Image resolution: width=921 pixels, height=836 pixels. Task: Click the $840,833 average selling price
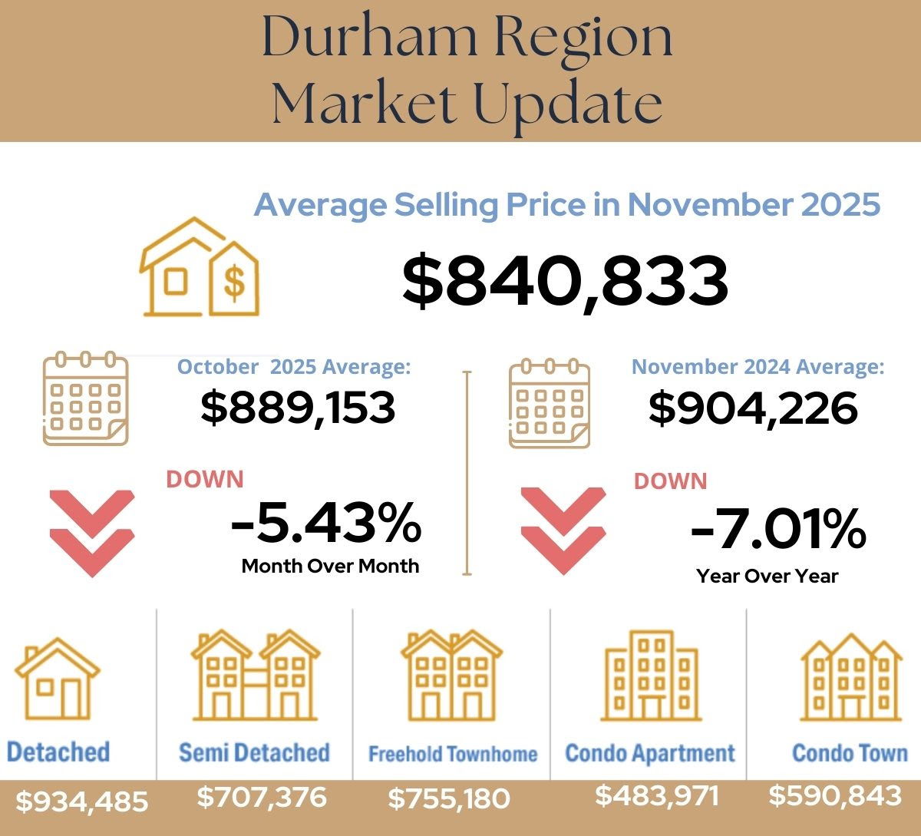click(565, 280)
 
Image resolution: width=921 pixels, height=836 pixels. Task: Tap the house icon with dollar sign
click(199, 268)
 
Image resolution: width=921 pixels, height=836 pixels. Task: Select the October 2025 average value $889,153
click(298, 407)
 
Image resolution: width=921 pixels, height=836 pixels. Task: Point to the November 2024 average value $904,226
click(753, 408)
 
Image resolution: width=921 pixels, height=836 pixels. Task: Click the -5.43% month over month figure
click(326, 522)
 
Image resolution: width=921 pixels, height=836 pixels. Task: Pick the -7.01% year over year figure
click(777, 529)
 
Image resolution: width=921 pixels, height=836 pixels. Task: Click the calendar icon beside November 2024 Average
click(550, 402)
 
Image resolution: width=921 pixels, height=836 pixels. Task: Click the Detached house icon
click(58, 679)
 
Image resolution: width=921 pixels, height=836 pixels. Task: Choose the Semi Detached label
click(254, 752)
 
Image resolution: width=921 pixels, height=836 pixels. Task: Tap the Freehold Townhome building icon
click(451, 676)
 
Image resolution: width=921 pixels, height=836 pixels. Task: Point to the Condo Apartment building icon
click(651, 676)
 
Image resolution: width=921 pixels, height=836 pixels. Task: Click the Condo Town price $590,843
click(835, 795)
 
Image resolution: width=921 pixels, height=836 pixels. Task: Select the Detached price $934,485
click(82, 801)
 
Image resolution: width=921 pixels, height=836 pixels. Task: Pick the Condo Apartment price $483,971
click(657, 795)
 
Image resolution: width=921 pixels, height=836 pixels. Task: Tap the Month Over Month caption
click(330, 566)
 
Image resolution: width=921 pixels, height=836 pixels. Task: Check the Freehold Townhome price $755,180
click(449, 798)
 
